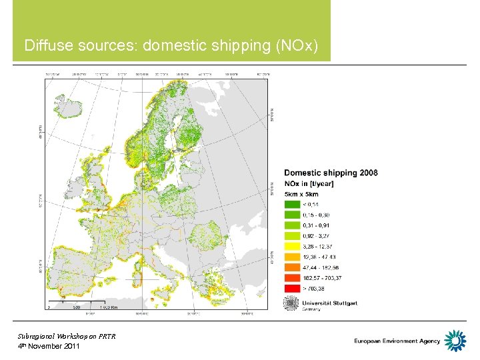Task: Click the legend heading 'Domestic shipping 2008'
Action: tap(331, 173)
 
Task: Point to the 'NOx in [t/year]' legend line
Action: tap(309, 183)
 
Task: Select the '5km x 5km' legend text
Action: tap(301, 194)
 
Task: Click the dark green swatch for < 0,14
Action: tap(292, 204)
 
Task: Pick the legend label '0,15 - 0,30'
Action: tap(316, 215)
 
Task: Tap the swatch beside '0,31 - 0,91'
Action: tap(292, 225)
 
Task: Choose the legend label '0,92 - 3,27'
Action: tap(316, 235)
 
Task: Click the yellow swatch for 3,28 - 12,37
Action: tap(292, 245)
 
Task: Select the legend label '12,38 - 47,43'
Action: tap(319, 256)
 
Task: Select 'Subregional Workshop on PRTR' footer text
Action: tap(67, 336)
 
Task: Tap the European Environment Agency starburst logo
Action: tap(455, 341)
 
